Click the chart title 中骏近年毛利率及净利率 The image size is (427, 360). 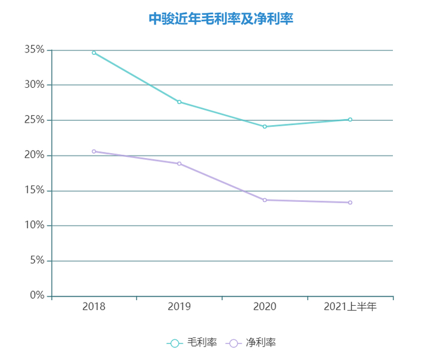(221, 19)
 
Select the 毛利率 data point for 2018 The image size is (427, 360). (94, 52)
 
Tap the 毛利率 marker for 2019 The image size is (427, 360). (179, 102)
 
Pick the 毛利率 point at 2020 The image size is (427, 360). (265, 126)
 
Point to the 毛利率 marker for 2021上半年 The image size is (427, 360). (350, 120)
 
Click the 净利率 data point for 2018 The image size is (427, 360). (94, 151)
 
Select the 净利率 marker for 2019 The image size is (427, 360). (179, 164)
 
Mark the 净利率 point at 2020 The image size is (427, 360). (265, 200)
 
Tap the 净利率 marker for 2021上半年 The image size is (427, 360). (350, 203)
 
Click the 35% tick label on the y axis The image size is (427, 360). (34, 49)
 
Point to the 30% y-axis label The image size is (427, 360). (34, 85)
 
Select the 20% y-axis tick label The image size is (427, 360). (34, 155)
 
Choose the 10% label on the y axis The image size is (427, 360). (34, 226)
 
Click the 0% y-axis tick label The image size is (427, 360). (37, 296)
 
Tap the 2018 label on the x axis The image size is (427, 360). (94, 307)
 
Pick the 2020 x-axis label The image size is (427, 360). (265, 307)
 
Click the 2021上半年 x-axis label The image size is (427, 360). (350, 307)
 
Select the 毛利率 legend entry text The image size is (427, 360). (202, 343)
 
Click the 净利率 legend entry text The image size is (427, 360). (261, 343)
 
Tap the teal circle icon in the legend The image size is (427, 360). (174, 344)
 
